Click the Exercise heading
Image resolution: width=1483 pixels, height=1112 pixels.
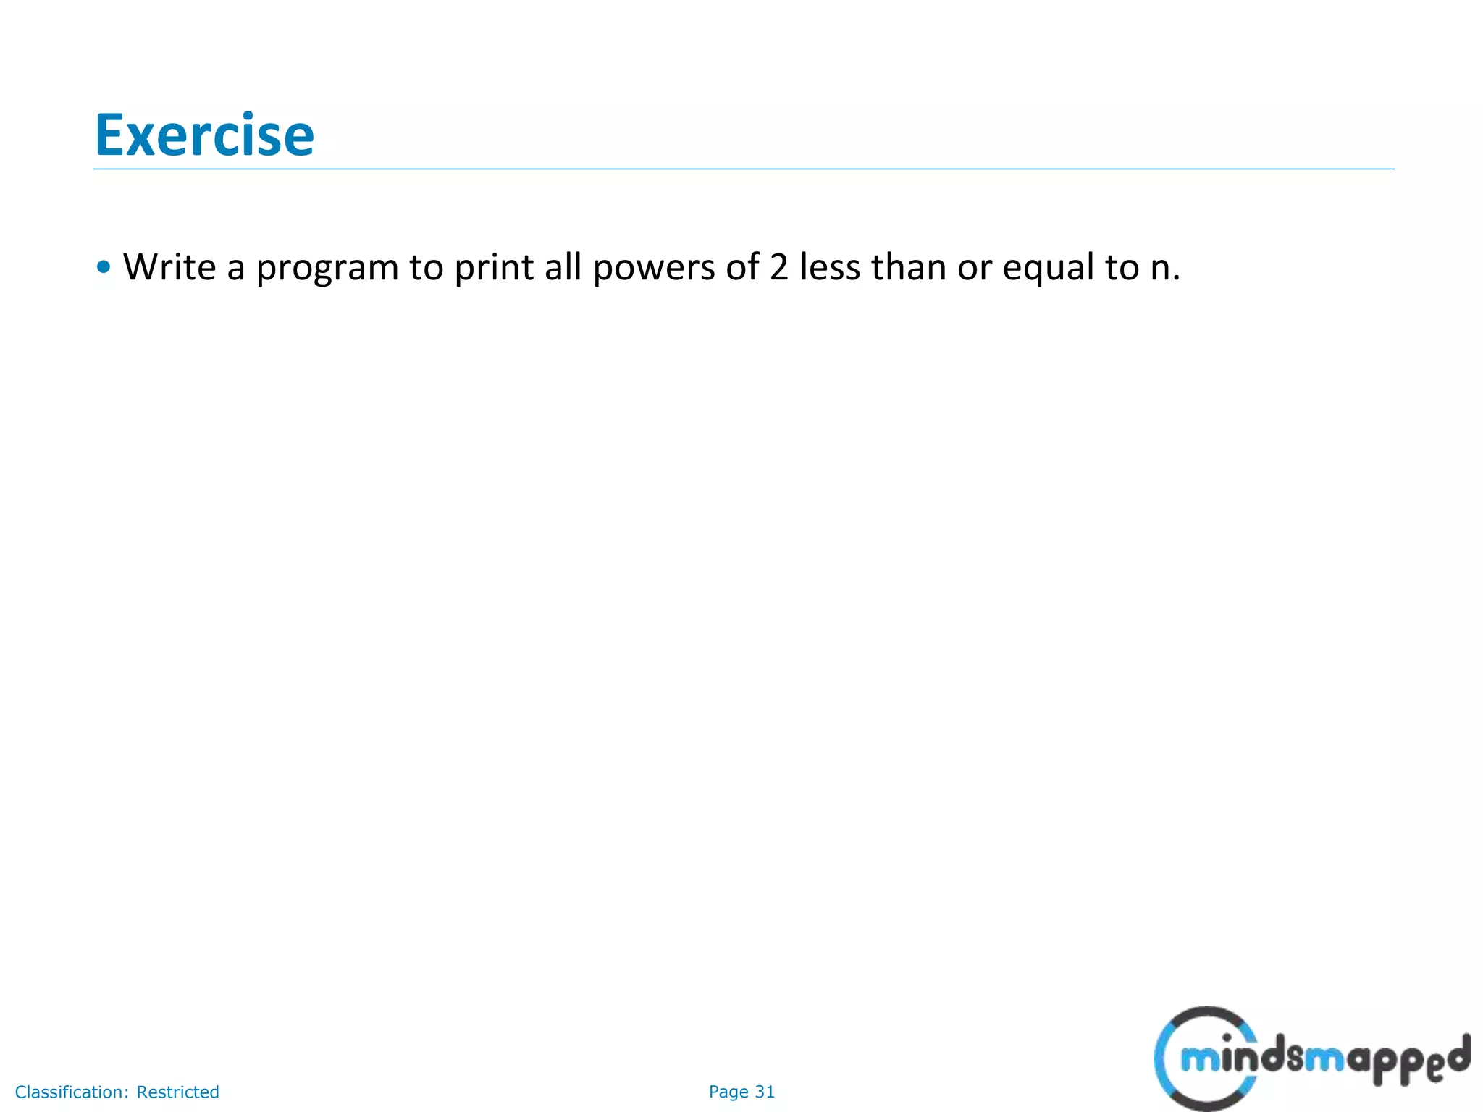pos(204,135)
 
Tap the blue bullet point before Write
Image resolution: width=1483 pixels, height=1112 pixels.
pos(104,267)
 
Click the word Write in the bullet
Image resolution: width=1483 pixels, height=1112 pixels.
pos(169,267)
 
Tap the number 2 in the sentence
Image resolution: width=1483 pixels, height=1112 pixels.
pos(778,267)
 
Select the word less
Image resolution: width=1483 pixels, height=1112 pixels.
pos(830,267)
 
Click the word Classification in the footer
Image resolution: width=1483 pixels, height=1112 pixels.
pos(70,1092)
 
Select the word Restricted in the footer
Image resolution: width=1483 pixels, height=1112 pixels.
pos(177,1092)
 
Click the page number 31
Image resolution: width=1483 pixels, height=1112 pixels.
pos(765,1092)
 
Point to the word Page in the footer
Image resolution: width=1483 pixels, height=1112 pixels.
pos(728,1092)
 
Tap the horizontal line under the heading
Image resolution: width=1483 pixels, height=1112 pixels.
pos(743,169)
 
